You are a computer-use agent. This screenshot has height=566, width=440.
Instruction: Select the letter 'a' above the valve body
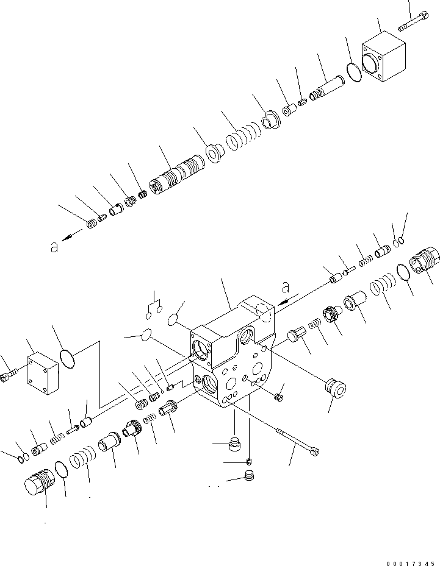coord(285,286)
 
